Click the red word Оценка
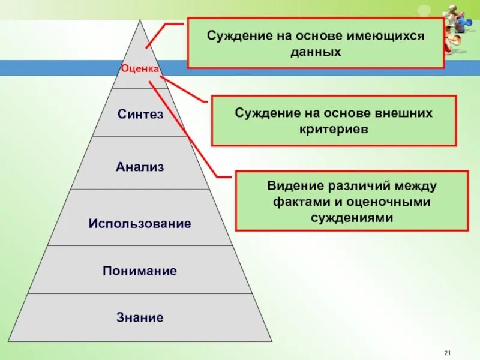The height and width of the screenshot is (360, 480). pos(140,69)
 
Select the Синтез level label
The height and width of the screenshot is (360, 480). pos(140,114)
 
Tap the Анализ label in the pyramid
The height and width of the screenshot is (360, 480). pos(140,166)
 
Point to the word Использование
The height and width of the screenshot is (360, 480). pos(140,224)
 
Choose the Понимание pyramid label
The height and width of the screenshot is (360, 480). pos(140,271)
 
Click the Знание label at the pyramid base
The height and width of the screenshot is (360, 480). pos(140,317)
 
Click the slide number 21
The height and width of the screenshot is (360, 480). pos(447,352)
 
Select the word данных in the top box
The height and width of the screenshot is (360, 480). pos(316,52)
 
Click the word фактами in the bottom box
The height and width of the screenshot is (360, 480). pos(294,202)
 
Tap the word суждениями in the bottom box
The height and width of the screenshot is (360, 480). pos(352,218)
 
